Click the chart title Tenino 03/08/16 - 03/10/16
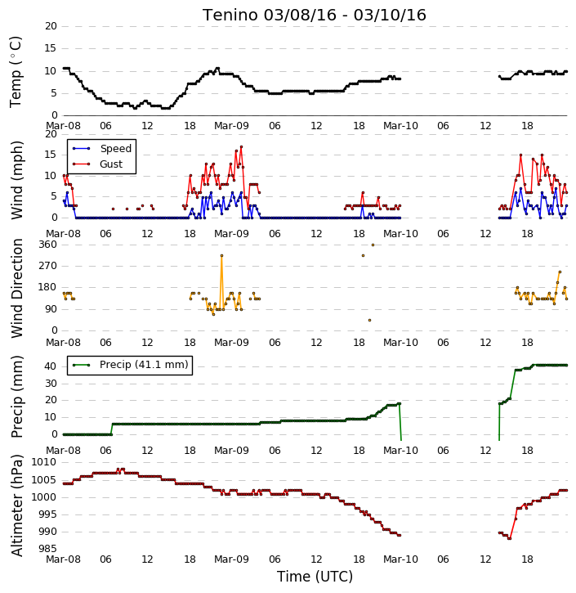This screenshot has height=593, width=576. [x=315, y=15]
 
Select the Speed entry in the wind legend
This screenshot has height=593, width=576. [x=115, y=149]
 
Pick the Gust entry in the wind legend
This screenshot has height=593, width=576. [x=111, y=164]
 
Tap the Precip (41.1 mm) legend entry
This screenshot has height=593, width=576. [x=144, y=365]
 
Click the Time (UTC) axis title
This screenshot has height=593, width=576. [x=315, y=577]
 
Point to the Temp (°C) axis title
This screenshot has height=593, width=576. [x=16, y=72]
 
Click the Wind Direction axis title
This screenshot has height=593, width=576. [x=16, y=289]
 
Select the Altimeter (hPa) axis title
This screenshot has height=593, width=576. [x=16, y=505]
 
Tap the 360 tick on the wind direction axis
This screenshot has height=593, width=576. [x=48, y=245]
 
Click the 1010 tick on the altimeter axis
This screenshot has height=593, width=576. [x=44, y=462]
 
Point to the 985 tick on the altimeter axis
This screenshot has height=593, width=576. [x=48, y=549]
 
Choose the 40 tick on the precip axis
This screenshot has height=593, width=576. [x=51, y=366]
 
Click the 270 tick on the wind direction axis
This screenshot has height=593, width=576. [x=48, y=266]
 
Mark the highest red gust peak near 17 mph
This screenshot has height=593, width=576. [x=241, y=146]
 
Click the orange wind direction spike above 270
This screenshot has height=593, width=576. [x=221, y=256]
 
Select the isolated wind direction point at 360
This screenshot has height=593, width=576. [x=373, y=245]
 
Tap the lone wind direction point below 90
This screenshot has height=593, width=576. [x=369, y=321]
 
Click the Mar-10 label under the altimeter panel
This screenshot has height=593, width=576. [x=400, y=559]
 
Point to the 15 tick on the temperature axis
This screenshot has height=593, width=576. [x=51, y=48]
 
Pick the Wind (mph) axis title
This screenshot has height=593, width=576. [x=16, y=181]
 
